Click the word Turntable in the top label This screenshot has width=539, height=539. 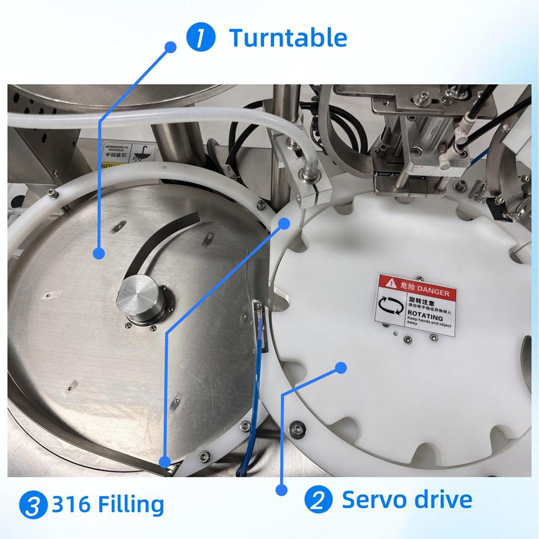click(287, 38)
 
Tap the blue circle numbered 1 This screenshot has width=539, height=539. click(201, 39)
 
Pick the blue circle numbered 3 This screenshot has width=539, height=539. click(33, 505)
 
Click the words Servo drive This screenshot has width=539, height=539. click(406, 499)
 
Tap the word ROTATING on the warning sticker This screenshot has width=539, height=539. click(425, 317)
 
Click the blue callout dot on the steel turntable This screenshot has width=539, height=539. click(99, 253)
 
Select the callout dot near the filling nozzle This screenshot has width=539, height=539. click(284, 223)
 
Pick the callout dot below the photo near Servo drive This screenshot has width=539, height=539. click(282, 490)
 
